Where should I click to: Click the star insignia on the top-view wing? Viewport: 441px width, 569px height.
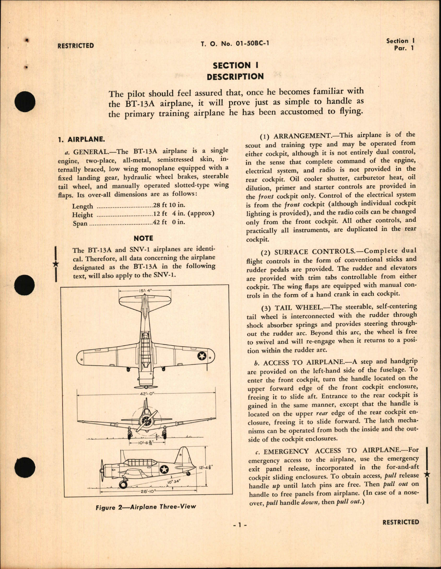click(201, 356)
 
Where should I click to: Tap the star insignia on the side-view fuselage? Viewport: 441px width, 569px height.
click(164, 469)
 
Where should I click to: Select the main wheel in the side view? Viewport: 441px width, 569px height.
click(123, 484)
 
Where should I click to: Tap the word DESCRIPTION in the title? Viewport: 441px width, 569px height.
click(235, 77)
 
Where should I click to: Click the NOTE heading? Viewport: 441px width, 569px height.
click(143, 238)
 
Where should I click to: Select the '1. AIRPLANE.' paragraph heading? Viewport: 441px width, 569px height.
click(81, 139)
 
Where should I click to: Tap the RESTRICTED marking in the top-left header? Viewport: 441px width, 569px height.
click(75, 46)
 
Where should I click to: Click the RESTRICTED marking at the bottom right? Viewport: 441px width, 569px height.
click(400, 522)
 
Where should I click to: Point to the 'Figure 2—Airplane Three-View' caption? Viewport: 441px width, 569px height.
click(146, 507)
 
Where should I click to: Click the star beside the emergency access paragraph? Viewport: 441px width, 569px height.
click(427, 475)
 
